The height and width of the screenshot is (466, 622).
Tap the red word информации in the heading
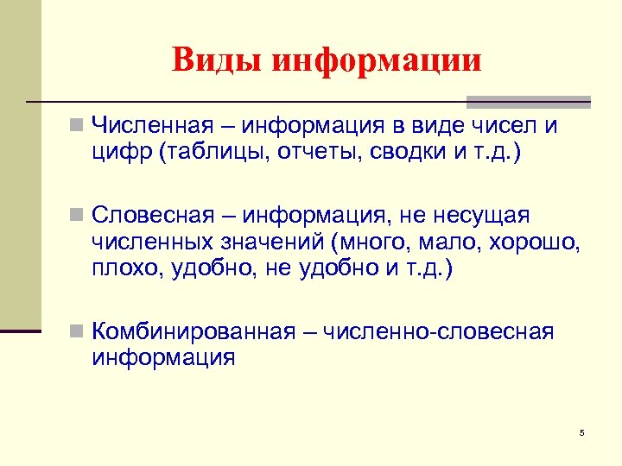tap(377, 60)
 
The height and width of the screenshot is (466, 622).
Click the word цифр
tap(116, 154)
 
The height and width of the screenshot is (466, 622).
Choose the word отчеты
tap(305, 154)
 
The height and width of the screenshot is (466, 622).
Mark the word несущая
tap(490, 213)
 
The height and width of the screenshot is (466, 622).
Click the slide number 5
tap(582, 432)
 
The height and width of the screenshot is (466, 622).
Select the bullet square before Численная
tap(77, 127)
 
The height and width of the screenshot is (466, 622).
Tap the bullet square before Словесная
tap(77, 213)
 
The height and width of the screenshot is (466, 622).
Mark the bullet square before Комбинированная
tap(77, 331)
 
